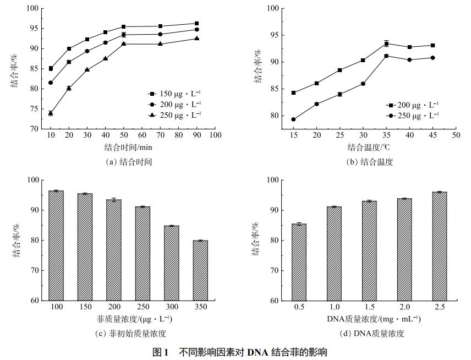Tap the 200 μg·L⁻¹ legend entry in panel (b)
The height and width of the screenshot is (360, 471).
[x=414, y=105]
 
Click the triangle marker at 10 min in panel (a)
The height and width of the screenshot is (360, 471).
[x=51, y=113]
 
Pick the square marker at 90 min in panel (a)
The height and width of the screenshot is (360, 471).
[x=196, y=23]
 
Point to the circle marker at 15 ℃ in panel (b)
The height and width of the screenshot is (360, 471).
[x=293, y=119]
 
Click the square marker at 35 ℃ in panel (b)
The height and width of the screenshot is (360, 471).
[x=386, y=43]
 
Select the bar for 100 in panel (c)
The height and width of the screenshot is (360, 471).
[x=56, y=246]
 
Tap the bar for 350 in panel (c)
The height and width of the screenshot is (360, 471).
[x=200, y=270]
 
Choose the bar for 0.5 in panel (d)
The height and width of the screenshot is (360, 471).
[x=299, y=262]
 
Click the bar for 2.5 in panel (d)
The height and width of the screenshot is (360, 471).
[x=440, y=246]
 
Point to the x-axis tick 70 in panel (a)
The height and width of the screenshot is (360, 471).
[x=160, y=135]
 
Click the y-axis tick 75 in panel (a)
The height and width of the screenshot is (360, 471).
[x=34, y=108]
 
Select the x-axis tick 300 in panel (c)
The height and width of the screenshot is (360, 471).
[x=171, y=307]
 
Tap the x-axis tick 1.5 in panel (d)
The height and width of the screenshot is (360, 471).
[x=369, y=307]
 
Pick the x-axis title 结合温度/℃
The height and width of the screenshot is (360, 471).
[x=369, y=148]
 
